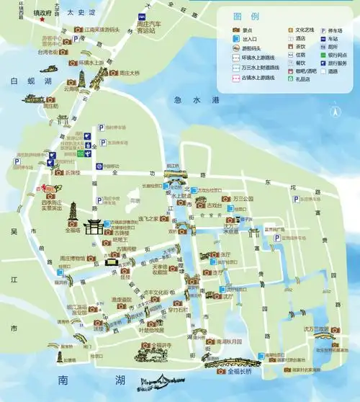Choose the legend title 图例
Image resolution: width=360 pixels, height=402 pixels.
coord(243,17)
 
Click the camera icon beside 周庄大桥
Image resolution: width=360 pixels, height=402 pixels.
coord(113,73)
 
